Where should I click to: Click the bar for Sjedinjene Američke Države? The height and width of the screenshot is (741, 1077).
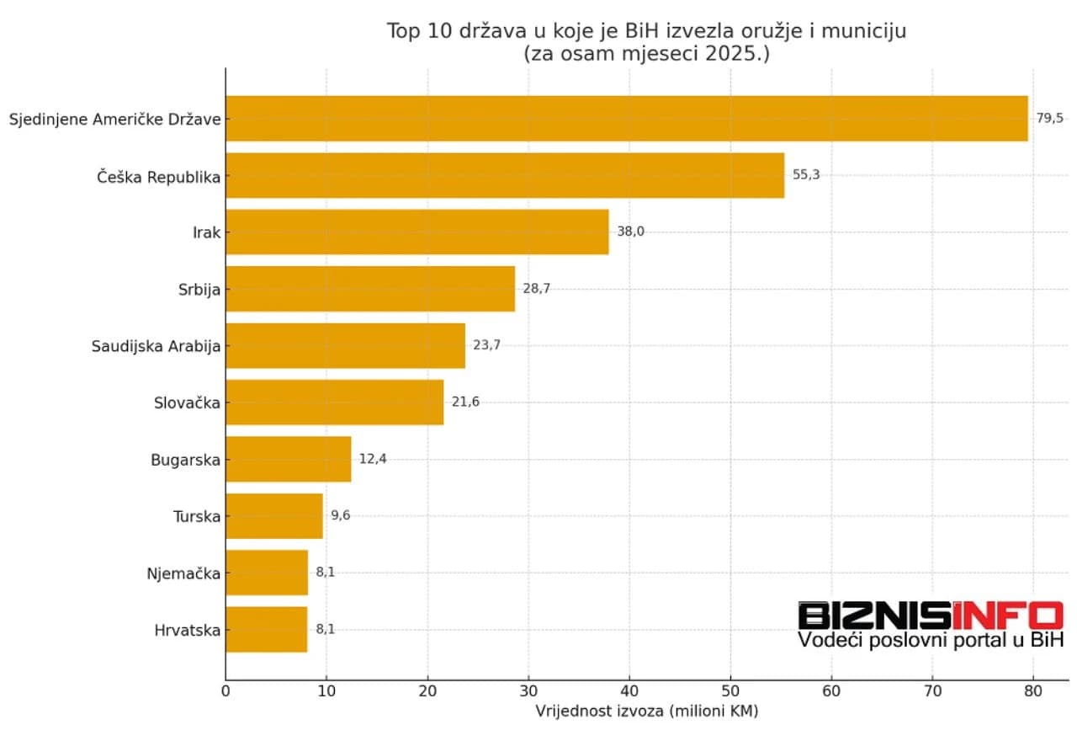tap(627, 119)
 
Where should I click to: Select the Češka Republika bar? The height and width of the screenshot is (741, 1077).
tap(505, 175)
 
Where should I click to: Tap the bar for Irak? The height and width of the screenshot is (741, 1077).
tap(416, 232)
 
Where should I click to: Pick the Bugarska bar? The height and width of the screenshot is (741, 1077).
tap(288, 460)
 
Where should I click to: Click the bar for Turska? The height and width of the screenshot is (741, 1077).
tap(274, 516)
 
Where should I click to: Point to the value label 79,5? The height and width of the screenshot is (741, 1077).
tap(1049, 119)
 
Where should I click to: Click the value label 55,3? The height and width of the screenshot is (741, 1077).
tap(806, 175)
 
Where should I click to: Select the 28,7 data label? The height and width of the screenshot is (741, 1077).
tap(536, 289)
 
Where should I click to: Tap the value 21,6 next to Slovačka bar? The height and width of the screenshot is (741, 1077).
tap(465, 402)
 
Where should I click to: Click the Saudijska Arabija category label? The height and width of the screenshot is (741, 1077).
tap(156, 346)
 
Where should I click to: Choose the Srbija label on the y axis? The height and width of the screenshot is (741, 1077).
tap(199, 290)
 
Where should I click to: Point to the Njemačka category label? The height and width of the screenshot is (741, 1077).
tap(183, 573)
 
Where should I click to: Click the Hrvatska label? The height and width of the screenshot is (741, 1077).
tap(188, 631)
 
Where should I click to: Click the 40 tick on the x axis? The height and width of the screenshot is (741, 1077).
tap(629, 690)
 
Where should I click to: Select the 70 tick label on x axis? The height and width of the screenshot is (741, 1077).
tap(932, 690)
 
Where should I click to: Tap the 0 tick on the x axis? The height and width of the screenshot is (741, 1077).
tap(225, 690)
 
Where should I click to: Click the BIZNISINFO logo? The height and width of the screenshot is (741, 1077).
tap(931, 616)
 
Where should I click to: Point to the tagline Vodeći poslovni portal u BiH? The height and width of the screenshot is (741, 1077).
tap(931, 641)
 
